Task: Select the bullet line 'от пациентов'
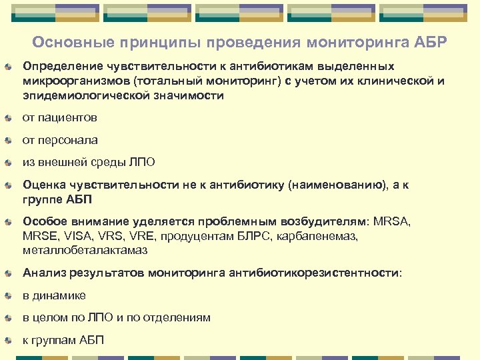tap(60, 118)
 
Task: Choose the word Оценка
tap(43, 185)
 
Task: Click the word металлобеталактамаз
tap(84, 250)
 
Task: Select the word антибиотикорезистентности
tap(316, 273)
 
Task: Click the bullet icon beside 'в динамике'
tap(7, 295)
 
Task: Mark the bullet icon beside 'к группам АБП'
tap(7, 340)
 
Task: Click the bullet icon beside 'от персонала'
tap(7, 141)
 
